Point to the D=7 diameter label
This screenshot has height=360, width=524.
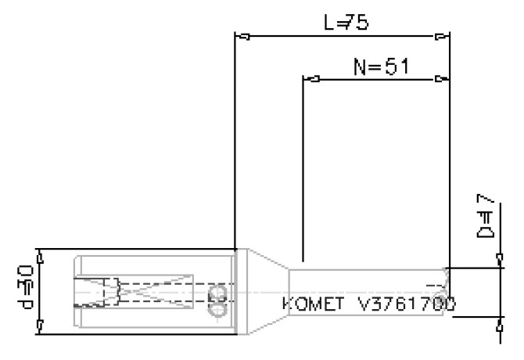(x=485, y=221)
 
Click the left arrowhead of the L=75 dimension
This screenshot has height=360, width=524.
(x=243, y=36)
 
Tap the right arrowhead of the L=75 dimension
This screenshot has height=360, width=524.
(x=443, y=36)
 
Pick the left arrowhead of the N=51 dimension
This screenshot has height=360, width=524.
(x=310, y=79)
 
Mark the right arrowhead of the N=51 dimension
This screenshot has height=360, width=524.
(x=443, y=79)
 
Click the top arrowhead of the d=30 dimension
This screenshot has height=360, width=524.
(x=40, y=254)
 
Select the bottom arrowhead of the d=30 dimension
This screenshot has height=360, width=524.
(x=40, y=324)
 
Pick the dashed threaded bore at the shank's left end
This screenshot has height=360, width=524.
(x=94, y=292)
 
